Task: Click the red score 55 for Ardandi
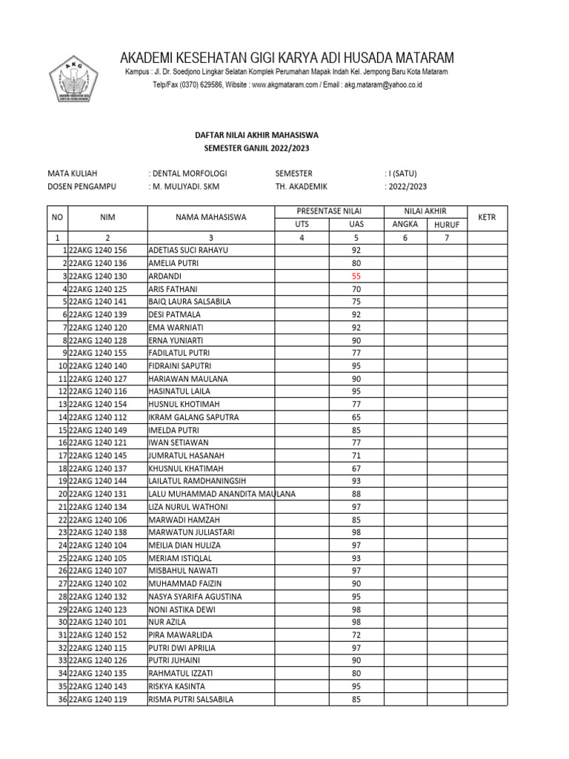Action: coord(356,276)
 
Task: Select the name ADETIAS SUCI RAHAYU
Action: coord(188,251)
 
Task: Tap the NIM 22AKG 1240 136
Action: coord(97,263)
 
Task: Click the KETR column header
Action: coord(487,217)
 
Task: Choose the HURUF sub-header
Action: coord(447,224)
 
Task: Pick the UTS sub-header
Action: coord(302,224)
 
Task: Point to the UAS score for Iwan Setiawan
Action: coord(356,443)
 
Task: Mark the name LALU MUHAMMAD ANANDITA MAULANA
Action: coord(222,494)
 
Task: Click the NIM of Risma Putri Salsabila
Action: coord(97,699)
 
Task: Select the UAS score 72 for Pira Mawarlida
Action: coord(356,635)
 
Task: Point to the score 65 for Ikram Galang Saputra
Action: coord(356,417)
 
